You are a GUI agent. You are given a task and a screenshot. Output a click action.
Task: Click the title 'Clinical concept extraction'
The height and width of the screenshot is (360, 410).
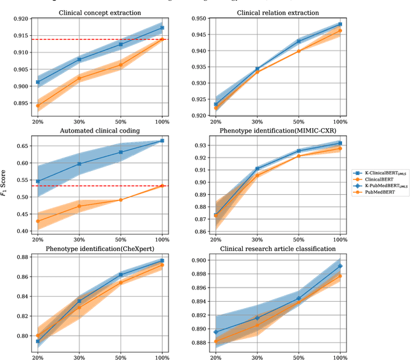coord(100,12)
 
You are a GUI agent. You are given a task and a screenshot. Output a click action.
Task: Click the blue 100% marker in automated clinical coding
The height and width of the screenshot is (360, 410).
coord(162,140)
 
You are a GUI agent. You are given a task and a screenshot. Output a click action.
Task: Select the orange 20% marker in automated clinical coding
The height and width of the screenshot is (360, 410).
coord(38,221)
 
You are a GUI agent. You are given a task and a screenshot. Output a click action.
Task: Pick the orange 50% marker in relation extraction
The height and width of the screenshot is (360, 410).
coord(298,51)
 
